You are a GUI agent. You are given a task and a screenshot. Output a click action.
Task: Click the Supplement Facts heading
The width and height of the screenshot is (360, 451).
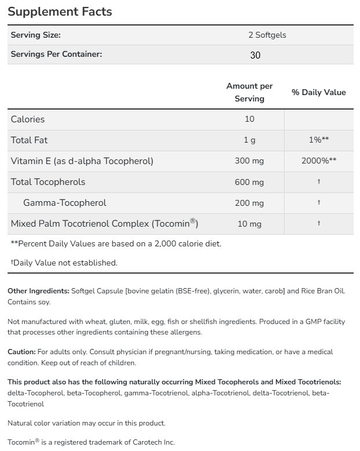pyautogui.click(x=60, y=12)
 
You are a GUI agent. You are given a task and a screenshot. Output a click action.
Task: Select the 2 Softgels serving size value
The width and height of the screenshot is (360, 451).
pyautogui.click(x=267, y=35)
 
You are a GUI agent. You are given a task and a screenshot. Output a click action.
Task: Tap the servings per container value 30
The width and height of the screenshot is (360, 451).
pyautogui.click(x=255, y=55)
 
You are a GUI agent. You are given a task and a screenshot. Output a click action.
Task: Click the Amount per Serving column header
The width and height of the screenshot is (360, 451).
pyautogui.click(x=249, y=92)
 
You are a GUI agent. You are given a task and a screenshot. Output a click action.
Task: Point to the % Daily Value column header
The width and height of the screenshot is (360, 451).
pyautogui.click(x=318, y=92)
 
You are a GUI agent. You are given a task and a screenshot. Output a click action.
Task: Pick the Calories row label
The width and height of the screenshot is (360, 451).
pyautogui.click(x=28, y=119)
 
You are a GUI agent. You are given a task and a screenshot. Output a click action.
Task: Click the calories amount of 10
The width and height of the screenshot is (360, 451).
pyautogui.click(x=249, y=119)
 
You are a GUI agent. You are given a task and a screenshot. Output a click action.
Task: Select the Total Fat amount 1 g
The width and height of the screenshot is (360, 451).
pyautogui.click(x=249, y=140)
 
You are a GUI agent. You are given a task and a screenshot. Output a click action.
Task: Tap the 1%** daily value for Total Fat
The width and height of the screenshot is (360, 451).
pyautogui.click(x=319, y=140)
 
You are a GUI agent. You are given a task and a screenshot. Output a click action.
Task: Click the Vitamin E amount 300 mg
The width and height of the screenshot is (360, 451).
pyautogui.click(x=249, y=161)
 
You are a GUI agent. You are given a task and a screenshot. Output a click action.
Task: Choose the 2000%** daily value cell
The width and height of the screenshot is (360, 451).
pyautogui.click(x=319, y=161)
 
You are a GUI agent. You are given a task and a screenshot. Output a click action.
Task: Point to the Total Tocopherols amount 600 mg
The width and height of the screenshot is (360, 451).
pyautogui.click(x=249, y=182)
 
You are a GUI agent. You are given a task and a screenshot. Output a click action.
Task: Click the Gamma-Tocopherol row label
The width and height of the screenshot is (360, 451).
pyautogui.click(x=65, y=203)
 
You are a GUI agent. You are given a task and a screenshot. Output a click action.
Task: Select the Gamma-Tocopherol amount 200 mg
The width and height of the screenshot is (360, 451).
pyautogui.click(x=249, y=203)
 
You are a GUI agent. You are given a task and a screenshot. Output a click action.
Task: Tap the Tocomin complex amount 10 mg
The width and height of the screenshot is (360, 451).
pyautogui.click(x=249, y=224)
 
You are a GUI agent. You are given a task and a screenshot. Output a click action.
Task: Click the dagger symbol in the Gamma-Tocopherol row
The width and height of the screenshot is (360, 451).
pyautogui.click(x=319, y=203)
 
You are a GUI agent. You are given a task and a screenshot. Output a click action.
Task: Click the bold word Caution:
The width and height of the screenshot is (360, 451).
pyautogui.click(x=21, y=352)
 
